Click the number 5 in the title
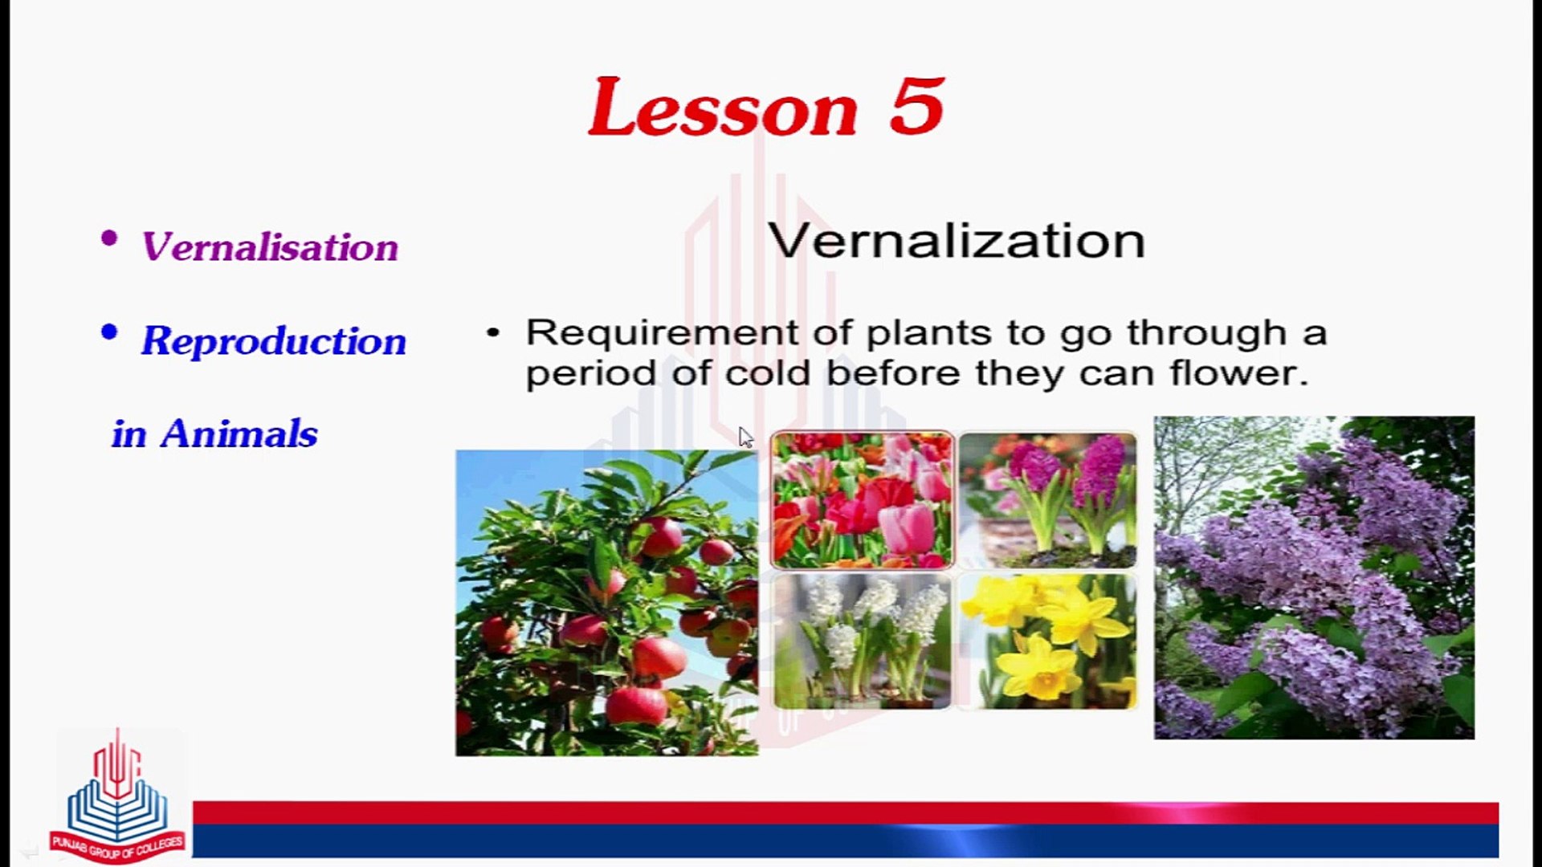tap(917, 107)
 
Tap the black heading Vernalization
tap(956, 241)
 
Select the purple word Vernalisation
tap(269, 246)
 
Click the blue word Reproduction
tap(274, 340)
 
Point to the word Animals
tap(239, 434)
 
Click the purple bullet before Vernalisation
tap(110, 238)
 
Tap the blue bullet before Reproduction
tap(110, 332)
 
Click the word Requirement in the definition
tap(662, 332)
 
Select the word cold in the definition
tap(767, 373)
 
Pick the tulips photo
tap(862, 499)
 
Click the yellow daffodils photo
tap(1048, 641)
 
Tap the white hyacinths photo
tap(862, 641)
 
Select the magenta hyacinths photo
tap(1048, 499)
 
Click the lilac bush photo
tap(1314, 577)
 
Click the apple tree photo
tap(606, 602)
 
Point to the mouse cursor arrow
tap(745, 437)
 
